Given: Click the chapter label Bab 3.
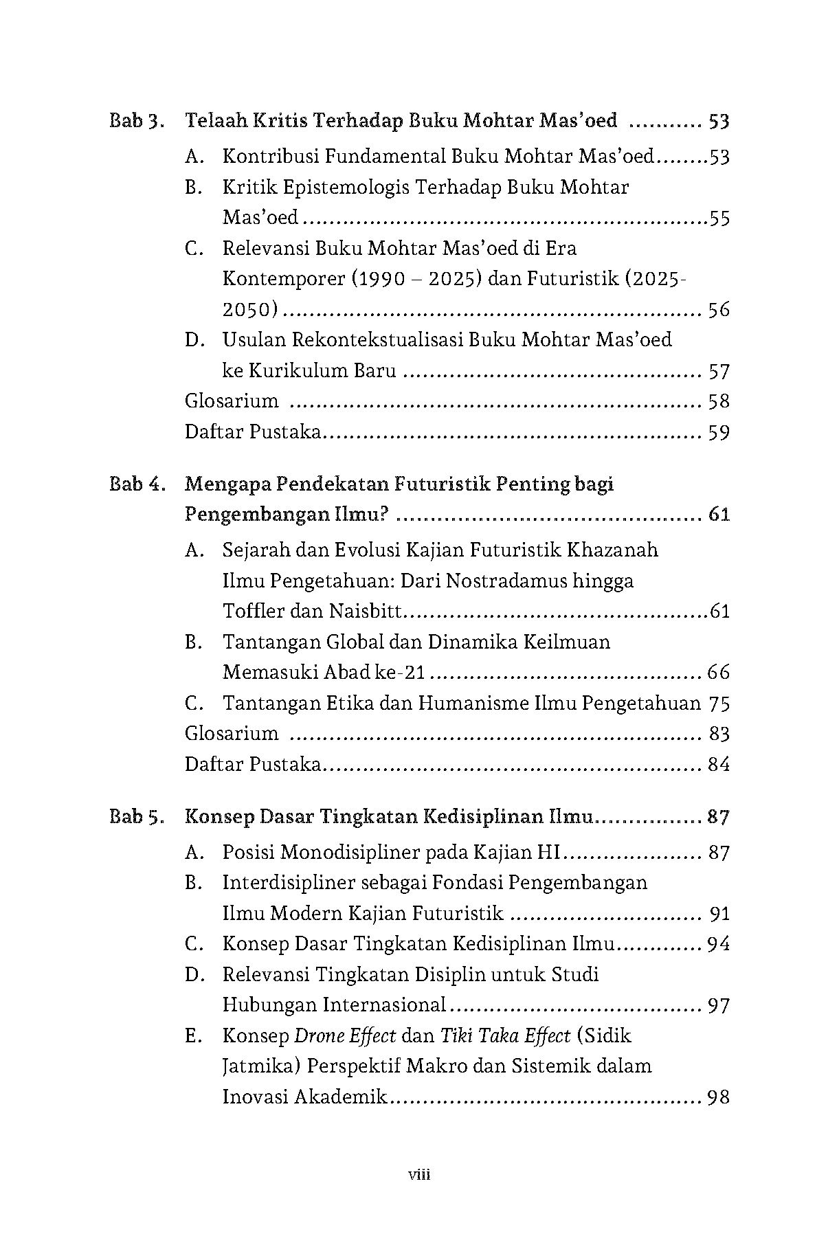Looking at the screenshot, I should coord(137,122).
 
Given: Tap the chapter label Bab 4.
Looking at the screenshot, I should coord(137,484).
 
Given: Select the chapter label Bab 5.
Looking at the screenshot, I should coord(137,817).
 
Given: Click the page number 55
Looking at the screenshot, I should coord(719,219).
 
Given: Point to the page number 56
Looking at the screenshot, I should coord(719,310).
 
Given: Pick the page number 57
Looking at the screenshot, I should coord(719,372).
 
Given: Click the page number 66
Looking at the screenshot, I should coord(718,672).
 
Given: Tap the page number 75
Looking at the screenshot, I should coord(718,704).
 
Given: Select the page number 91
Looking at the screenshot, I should coord(719,914).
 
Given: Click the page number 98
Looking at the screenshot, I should coord(718,1097).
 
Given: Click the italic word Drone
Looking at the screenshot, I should coord(321,1036).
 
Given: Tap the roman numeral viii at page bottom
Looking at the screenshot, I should coord(419,1174).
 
